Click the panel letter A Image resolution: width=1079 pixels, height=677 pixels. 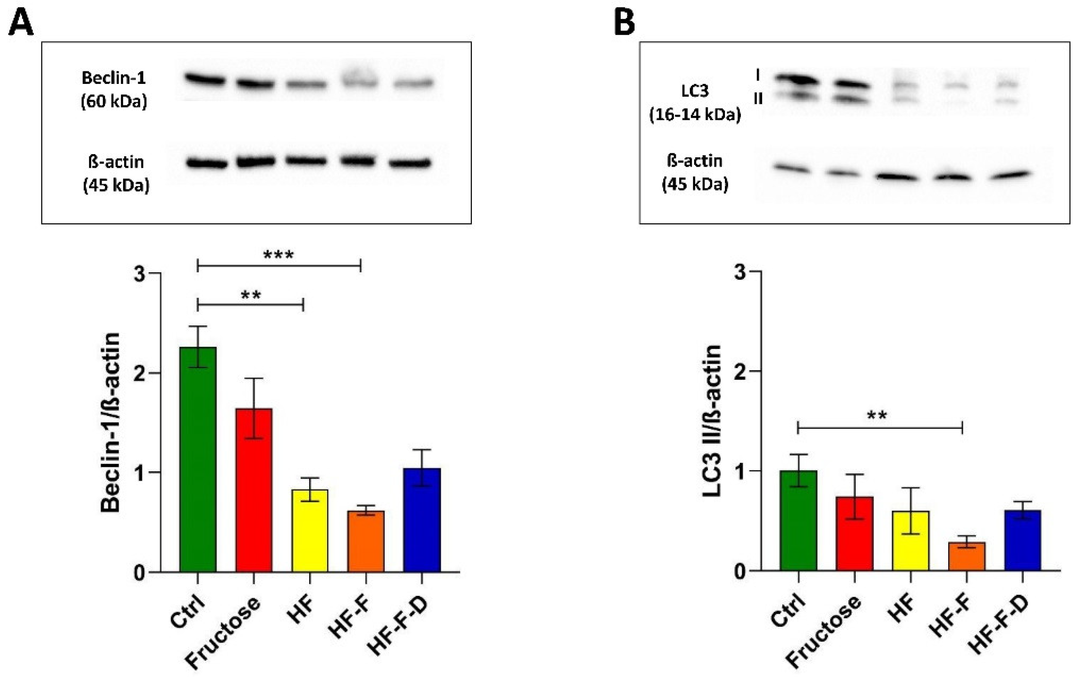(21, 23)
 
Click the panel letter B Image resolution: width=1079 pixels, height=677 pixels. (624, 23)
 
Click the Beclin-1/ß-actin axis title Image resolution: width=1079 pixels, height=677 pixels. (110, 422)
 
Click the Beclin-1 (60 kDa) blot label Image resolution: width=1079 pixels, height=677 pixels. (114, 89)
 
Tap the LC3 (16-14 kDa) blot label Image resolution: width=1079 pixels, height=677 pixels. (695, 103)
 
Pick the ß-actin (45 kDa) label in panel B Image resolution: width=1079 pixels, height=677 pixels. (695, 172)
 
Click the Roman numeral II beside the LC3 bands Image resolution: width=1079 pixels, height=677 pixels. (758, 98)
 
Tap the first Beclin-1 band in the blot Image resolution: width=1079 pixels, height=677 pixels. (205, 80)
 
